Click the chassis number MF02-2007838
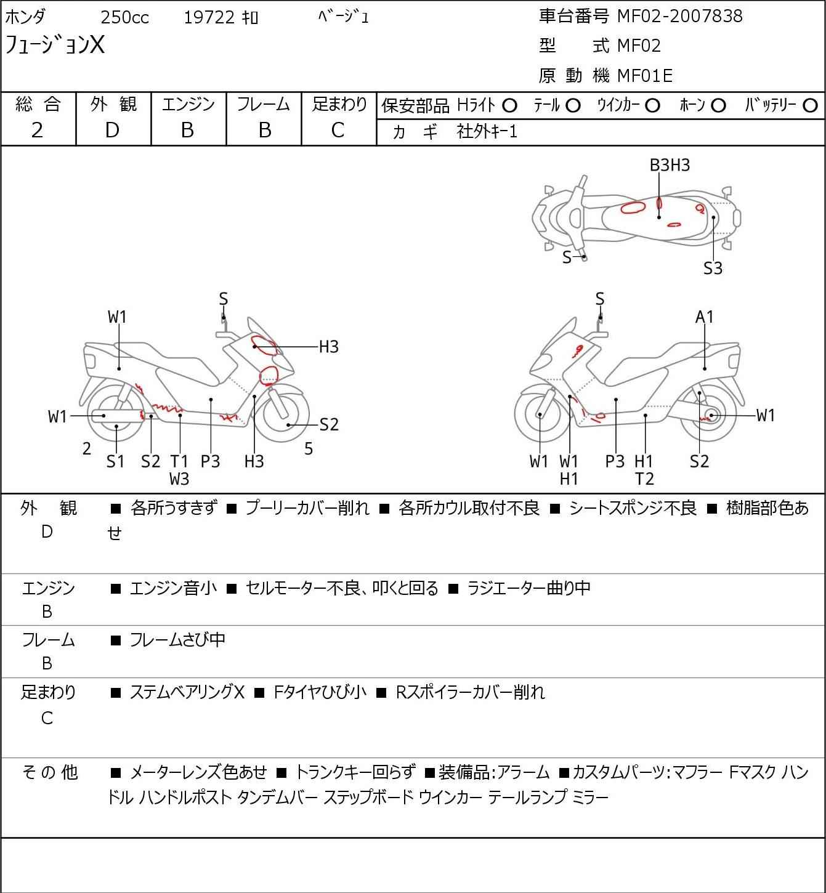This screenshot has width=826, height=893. tap(679, 16)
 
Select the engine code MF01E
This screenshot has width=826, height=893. tap(645, 76)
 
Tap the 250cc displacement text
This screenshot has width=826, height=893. tap(124, 17)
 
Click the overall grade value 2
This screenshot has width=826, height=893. tap(38, 131)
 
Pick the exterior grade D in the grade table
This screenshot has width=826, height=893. tap(112, 131)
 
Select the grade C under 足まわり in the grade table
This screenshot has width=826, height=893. tap(338, 131)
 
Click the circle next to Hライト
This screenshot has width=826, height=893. tap(509, 106)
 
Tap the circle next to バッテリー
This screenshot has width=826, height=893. tap(810, 106)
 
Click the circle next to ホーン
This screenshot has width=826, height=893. tap(718, 106)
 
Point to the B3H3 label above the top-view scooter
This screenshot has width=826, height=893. tap(670, 166)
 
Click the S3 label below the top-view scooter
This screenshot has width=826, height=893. tap(713, 269)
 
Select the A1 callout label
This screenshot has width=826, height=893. tap(704, 317)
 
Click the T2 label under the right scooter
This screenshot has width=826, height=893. tap(644, 479)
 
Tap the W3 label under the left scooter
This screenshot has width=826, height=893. tap(179, 479)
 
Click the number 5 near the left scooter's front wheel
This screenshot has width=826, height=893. tap(308, 449)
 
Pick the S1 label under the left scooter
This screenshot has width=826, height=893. tap(115, 461)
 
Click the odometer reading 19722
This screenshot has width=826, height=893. tap(209, 17)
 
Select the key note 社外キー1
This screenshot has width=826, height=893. tap(487, 132)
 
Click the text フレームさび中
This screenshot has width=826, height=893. tap(177, 640)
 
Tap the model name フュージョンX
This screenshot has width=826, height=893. tap(54, 45)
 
